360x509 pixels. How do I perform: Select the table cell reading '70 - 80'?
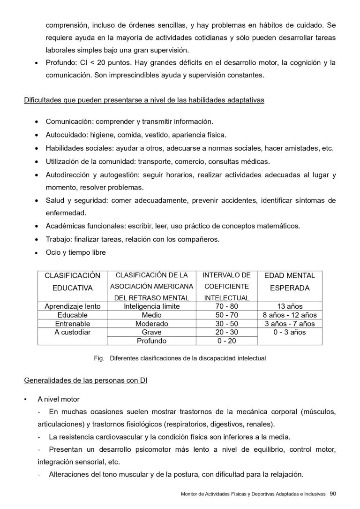[x=226, y=306]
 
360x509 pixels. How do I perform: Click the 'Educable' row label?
[x=72, y=315]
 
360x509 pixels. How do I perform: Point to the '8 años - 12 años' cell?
[x=290, y=315]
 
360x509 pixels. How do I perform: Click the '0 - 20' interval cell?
[x=226, y=341]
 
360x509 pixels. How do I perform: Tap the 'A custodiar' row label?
[x=72, y=332]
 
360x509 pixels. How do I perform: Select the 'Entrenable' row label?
[x=72, y=324]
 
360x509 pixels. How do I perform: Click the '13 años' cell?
[x=290, y=306]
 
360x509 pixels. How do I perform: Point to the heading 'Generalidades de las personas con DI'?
[x=86, y=381]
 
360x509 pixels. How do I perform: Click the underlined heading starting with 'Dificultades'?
[x=144, y=100]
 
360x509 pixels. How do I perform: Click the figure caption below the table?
[x=180, y=358]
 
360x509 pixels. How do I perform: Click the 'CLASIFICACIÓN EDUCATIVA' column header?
[x=72, y=281]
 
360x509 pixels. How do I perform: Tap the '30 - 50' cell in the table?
[x=226, y=324]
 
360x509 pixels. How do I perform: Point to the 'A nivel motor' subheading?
[x=59, y=399]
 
